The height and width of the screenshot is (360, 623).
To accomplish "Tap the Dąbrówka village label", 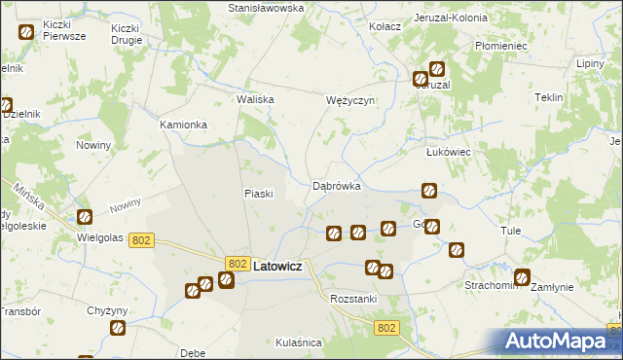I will click(x=337, y=185).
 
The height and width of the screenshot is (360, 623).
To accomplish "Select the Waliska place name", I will click(x=256, y=99).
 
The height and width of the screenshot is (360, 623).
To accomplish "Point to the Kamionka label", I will click(x=184, y=126).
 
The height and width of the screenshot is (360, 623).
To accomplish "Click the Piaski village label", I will click(x=257, y=193).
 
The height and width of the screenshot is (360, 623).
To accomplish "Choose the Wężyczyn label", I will click(x=349, y=100).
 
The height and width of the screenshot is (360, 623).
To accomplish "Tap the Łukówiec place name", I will click(x=449, y=152).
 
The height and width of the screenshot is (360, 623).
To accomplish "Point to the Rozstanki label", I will click(x=353, y=299).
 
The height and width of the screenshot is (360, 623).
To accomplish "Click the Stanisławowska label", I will click(x=266, y=8).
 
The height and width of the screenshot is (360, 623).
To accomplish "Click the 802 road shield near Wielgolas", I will click(x=141, y=240).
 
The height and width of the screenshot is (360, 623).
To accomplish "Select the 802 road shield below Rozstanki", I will click(x=386, y=329).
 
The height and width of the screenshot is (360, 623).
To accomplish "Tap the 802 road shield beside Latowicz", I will click(x=237, y=264).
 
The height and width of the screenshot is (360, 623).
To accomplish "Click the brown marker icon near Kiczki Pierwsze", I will click(x=25, y=31).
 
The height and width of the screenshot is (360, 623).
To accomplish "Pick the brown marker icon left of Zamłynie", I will click(x=523, y=276).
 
